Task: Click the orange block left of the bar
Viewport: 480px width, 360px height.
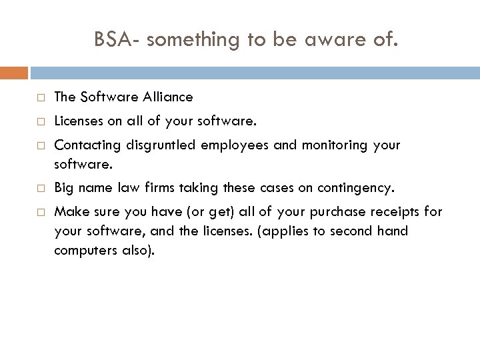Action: tap(14, 72)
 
